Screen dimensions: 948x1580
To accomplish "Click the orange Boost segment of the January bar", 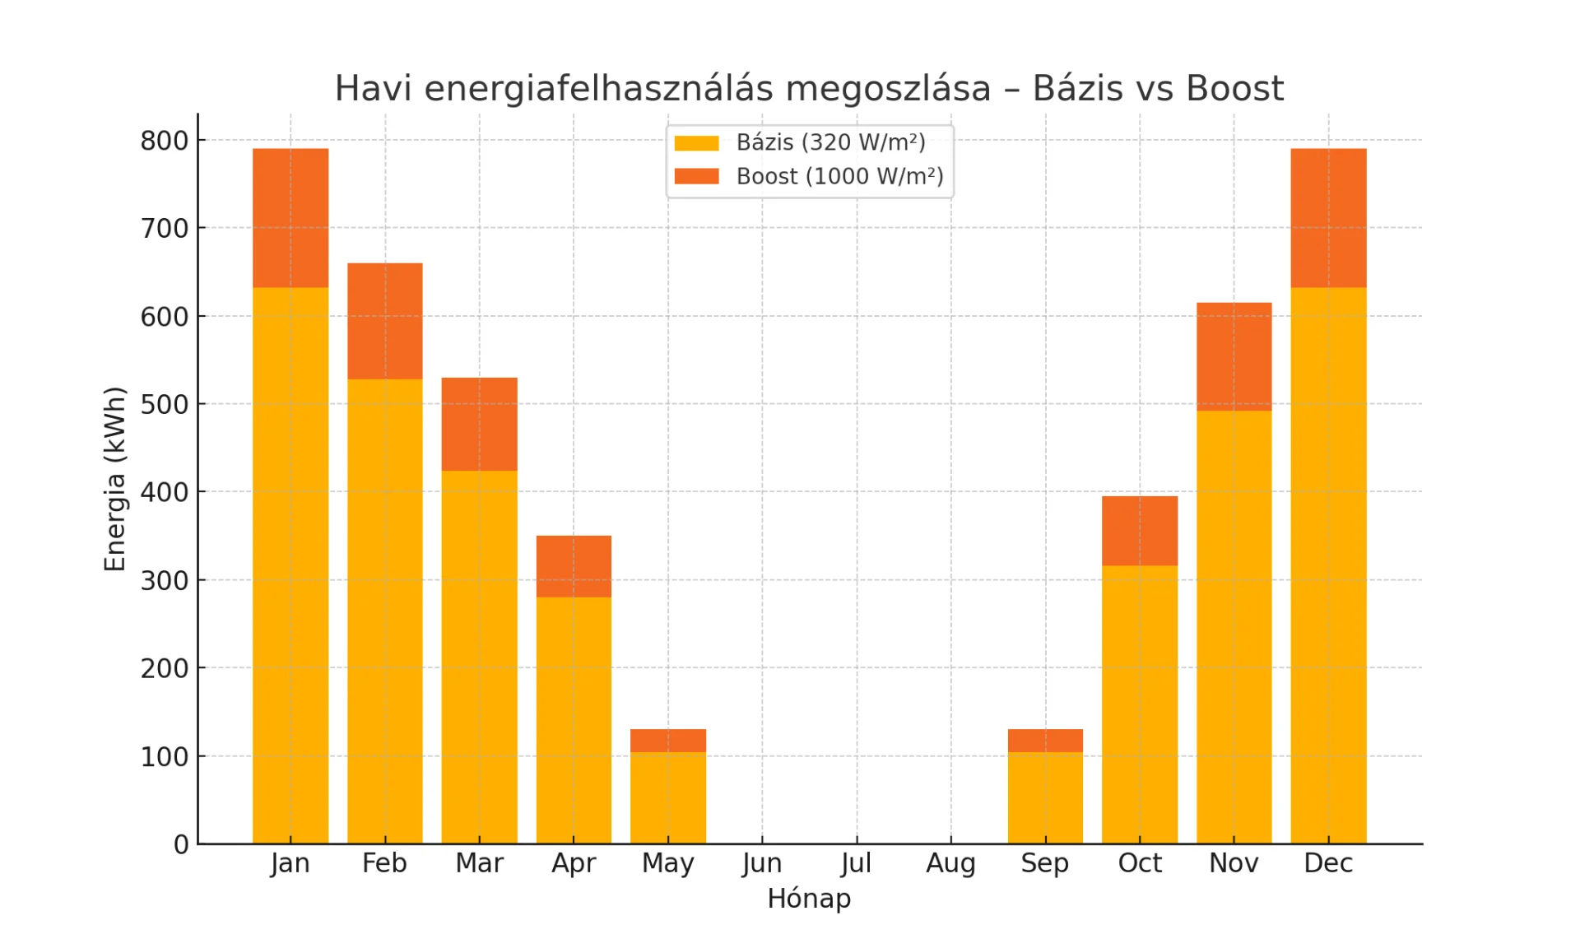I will tap(290, 218).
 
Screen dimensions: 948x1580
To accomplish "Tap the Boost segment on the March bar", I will tap(479, 424).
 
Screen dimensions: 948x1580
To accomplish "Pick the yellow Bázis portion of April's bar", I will tap(574, 720).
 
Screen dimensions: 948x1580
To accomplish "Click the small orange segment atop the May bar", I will tap(667, 741).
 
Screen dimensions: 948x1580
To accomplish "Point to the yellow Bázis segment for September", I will tap(1045, 797).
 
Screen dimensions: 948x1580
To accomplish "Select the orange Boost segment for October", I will tap(1140, 531).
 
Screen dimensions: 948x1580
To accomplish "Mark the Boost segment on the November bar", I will tap(1234, 356).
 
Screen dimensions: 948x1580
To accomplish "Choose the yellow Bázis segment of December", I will tap(1328, 565).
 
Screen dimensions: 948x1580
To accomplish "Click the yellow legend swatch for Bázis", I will tap(696, 143).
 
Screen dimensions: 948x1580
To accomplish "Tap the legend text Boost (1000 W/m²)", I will tap(839, 177).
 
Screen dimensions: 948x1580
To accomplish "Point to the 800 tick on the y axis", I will tap(165, 141).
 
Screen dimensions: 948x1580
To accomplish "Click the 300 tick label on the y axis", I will tap(165, 581).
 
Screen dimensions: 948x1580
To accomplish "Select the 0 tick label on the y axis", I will tap(181, 844).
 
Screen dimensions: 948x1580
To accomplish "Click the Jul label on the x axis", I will tap(856, 863).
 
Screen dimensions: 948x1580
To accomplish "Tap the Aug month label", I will tap(950, 863).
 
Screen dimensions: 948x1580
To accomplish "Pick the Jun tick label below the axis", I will tap(762, 863).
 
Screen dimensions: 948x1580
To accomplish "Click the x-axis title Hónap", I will tap(809, 899).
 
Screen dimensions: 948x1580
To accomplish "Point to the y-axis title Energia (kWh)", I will tap(115, 479).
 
